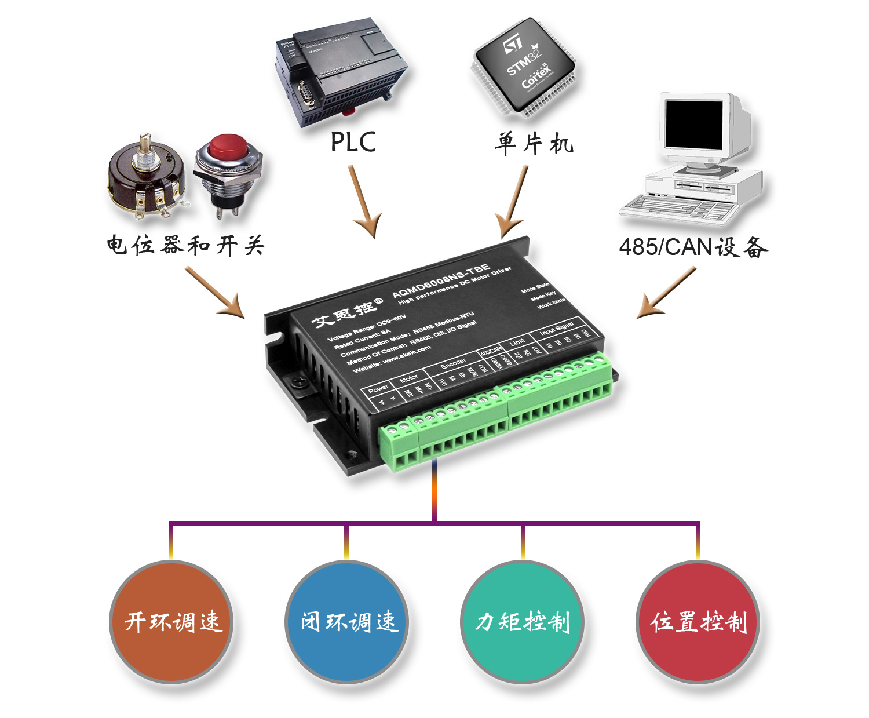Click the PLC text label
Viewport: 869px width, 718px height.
coord(353,142)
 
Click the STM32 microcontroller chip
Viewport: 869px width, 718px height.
coord(524,67)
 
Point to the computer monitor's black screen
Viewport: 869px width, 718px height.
coord(693,124)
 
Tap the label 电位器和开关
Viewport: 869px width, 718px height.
coord(185,246)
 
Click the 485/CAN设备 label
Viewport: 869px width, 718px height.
coord(693,247)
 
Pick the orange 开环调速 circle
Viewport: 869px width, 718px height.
coord(171,621)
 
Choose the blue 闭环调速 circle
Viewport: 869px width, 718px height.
coord(347,621)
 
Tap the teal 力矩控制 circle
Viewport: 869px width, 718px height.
coord(522,621)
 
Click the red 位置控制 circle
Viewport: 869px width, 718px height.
coord(698,621)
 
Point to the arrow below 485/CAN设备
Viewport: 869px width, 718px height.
coord(666,293)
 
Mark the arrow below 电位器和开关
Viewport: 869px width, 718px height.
coord(215,292)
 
